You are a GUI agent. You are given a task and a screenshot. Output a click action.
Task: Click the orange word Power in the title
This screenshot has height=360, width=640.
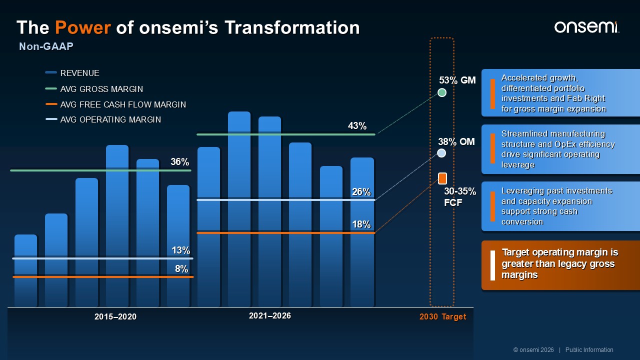pyautogui.click(x=83, y=27)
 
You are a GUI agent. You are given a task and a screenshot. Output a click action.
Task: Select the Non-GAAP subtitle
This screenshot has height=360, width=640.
pyautogui.click(x=46, y=46)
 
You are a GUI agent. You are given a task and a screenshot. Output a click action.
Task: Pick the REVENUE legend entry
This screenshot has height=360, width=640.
pyautogui.click(x=72, y=73)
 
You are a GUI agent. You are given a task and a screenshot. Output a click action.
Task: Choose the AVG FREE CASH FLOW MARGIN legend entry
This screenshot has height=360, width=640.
pyautogui.click(x=115, y=104)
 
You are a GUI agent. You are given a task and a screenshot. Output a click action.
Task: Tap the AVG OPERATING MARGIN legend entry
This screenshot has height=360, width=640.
pyautogui.click(x=103, y=119)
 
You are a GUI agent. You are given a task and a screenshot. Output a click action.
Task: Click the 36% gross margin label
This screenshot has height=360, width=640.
pyautogui.click(x=179, y=161)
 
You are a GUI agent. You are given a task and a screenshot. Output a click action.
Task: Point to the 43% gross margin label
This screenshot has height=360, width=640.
pyautogui.click(x=357, y=125)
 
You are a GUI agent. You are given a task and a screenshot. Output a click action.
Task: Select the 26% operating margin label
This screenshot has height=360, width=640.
pyautogui.click(x=361, y=191)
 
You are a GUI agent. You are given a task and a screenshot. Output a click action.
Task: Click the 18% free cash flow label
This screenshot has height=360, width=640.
pyautogui.click(x=361, y=224)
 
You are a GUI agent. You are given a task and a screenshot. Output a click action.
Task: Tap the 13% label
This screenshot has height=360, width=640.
pyautogui.click(x=180, y=250)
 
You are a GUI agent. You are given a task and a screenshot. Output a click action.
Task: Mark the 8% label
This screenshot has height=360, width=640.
pyautogui.click(x=181, y=269)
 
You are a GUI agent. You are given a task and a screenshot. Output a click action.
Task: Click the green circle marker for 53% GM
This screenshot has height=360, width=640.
pyautogui.click(x=442, y=92)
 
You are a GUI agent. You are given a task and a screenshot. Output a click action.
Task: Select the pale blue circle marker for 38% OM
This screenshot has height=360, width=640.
pyautogui.click(x=441, y=153)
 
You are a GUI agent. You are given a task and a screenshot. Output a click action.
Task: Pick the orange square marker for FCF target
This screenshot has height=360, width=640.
pyautogui.click(x=442, y=178)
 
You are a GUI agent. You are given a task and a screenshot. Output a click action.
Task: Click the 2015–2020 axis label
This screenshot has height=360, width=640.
pyautogui.click(x=115, y=316)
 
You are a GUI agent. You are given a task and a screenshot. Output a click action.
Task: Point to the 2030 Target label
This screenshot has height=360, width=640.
pyautogui.click(x=442, y=316)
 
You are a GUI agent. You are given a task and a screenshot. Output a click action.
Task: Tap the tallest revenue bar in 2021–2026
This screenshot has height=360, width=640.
pyautogui.click(x=239, y=209)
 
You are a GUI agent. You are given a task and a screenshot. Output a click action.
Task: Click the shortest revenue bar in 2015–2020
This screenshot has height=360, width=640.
pyautogui.click(x=25, y=270)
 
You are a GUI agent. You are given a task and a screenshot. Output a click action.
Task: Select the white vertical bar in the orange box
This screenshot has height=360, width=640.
pyautogui.click(x=492, y=265)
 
